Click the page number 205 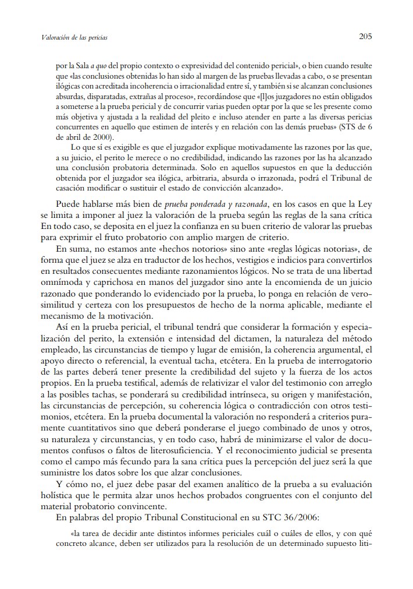click(x=365, y=37)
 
